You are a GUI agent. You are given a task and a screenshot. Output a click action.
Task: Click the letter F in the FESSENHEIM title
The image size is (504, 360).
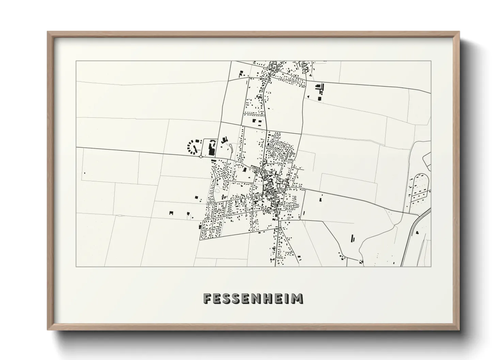(x=207, y=299)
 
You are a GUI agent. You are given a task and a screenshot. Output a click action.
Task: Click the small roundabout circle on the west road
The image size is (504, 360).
(x=201, y=157)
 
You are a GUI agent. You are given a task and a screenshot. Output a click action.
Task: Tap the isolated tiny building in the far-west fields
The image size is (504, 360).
(x=84, y=173)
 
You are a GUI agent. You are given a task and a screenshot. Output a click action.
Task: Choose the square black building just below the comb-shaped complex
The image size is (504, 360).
(x=319, y=98)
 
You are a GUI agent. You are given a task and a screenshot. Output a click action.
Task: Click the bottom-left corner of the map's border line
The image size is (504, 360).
(x=76, y=266)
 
